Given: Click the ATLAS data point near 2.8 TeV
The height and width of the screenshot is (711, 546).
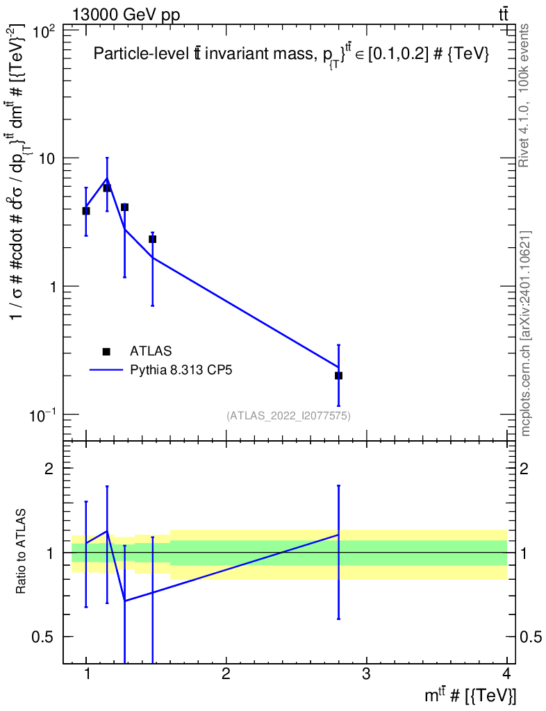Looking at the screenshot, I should tap(338, 376).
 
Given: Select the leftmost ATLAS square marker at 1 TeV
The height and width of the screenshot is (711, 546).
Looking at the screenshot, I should tap(86, 211).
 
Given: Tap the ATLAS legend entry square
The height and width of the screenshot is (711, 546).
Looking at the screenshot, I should tap(106, 351).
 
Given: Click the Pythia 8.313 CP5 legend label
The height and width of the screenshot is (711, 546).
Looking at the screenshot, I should tap(181, 370).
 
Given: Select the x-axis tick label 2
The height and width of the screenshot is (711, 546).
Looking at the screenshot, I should tap(226, 674).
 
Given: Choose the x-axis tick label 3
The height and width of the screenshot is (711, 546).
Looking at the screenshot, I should tap(366, 674).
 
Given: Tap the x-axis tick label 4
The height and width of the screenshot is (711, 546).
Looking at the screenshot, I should tap(506, 674).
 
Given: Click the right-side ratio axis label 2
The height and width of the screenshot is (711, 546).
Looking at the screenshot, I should tap(526, 469).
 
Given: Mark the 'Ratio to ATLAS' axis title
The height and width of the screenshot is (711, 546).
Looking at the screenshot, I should tap(22, 552).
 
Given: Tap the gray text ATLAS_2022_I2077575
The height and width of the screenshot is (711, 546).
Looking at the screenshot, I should tap(288, 416).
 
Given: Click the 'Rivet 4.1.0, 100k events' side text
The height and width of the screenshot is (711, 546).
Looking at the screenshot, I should tap(525, 96).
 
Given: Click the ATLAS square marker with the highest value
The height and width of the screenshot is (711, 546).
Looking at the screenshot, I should tap(107, 188).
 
